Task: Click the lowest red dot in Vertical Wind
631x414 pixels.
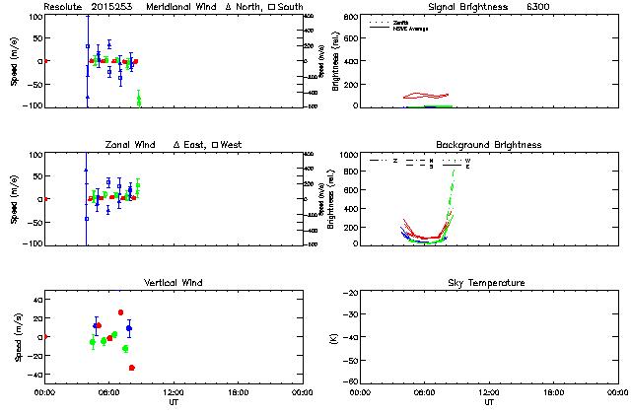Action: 132,368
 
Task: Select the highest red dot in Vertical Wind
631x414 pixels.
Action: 121,312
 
